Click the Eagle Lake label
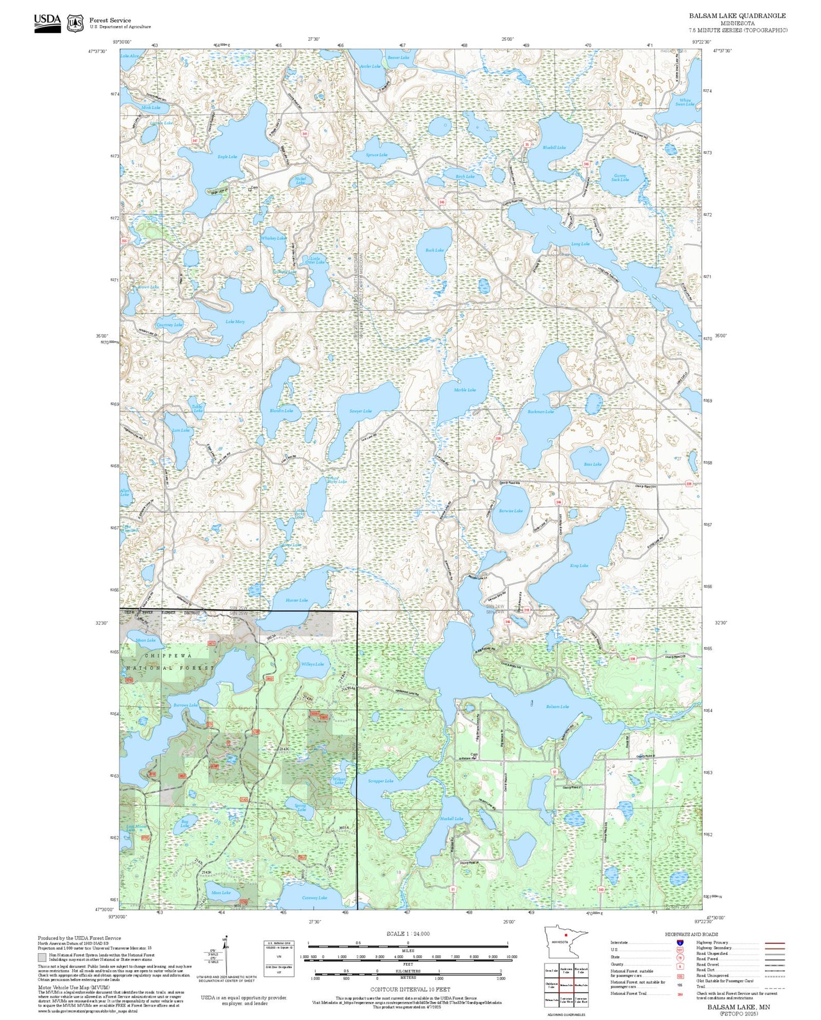[x=227, y=157]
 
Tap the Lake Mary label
[x=235, y=322]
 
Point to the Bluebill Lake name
[x=554, y=147]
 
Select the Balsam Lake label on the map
[x=557, y=707]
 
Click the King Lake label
[x=579, y=565]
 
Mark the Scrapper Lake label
[x=380, y=781]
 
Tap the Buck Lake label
[x=435, y=250]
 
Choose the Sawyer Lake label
[x=360, y=411]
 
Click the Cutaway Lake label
[x=314, y=897]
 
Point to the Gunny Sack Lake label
[x=620, y=177]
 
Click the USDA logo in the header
[x=47, y=22]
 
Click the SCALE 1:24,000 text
[x=408, y=934]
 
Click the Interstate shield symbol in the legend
[x=680, y=942]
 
